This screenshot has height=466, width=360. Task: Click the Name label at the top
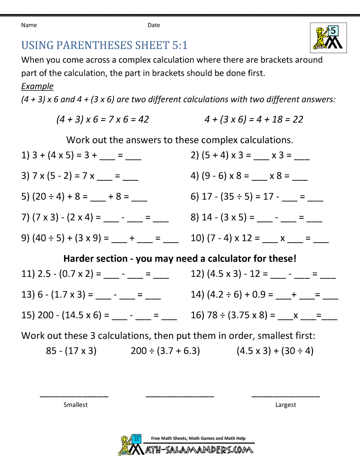(x=29, y=25)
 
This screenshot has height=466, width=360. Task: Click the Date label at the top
(x=154, y=25)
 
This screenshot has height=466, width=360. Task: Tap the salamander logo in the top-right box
(x=328, y=38)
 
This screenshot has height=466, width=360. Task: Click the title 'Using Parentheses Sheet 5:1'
(x=104, y=45)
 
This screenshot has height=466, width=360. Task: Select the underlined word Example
(x=37, y=86)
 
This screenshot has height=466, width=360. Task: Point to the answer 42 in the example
(x=143, y=120)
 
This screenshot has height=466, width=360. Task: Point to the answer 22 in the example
(x=298, y=120)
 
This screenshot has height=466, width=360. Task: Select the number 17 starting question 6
(x=207, y=197)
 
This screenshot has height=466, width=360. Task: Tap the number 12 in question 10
(x=247, y=238)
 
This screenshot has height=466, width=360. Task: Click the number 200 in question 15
(x=46, y=315)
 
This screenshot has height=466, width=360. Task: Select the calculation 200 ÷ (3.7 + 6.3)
(x=165, y=351)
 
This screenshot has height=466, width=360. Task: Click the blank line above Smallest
(x=74, y=395)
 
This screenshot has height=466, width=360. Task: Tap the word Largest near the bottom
(x=285, y=405)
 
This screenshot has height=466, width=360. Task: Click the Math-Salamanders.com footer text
(x=199, y=450)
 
